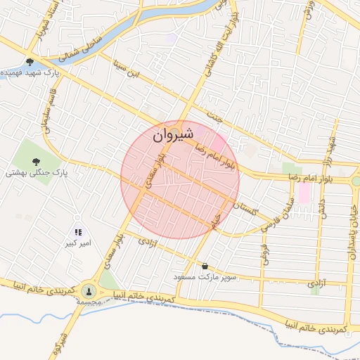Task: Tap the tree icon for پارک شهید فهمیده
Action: tap(30, 61)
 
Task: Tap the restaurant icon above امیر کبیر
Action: tap(78, 232)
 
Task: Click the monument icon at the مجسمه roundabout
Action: tap(89, 290)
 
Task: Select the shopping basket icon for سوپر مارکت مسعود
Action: tap(205, 266)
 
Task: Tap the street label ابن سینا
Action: tap(127, 71)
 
